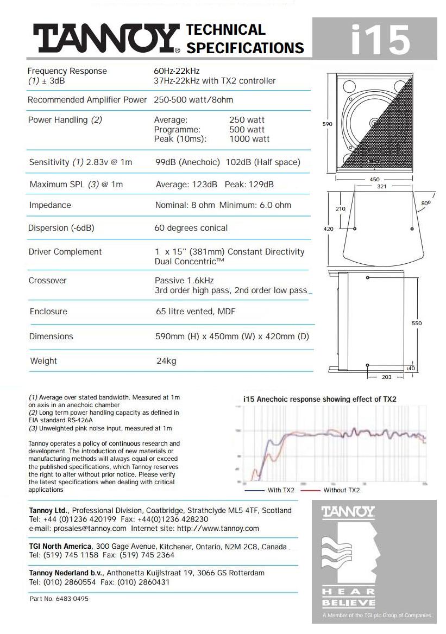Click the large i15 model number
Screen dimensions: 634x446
[380, 39]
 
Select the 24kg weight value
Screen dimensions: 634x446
[166, 361]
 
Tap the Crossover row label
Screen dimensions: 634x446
[48, 281]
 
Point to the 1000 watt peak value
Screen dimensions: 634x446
[249, 139]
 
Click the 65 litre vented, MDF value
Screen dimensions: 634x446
[196, 312]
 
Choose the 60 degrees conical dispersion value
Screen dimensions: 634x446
[191, 228]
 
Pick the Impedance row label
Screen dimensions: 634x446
[50, 205]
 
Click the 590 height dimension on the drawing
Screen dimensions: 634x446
[328, 124]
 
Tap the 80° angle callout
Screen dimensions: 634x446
[425, 203]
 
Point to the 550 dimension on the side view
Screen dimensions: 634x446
[417, 324]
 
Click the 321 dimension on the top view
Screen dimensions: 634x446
[375, 186]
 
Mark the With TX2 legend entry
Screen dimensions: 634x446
[281, 490]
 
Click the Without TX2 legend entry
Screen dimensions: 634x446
[341, 490]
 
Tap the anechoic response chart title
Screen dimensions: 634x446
[319, 399]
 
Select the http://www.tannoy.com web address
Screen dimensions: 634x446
[218, 528]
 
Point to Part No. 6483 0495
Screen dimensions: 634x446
[59, 599]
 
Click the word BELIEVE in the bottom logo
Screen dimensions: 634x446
[348, 603]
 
